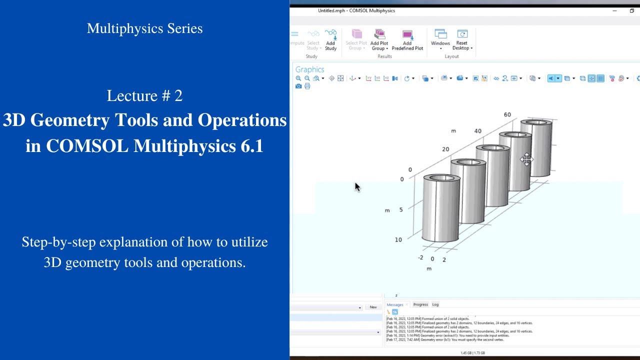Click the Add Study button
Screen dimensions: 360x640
(x=330, y=39)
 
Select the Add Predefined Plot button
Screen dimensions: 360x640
(x=407, y=39)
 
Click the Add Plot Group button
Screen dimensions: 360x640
(x=379, y=39)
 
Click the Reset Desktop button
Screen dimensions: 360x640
(x=462, y=39)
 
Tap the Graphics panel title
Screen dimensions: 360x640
(x=309, y=69)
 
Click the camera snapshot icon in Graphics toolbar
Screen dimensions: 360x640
(x=298, y=86)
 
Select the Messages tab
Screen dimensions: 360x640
(x=394, y=304)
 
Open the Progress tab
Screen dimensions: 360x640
(x=420, y=304)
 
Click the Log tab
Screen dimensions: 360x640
(x=435, y=304)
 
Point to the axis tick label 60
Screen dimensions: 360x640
(x=507, y=115)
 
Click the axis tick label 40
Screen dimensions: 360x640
(x=477, y=131)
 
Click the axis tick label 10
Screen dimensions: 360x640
(x=398, y=240)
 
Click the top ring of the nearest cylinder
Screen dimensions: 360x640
(x=442, y=178)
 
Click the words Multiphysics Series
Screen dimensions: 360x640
(x=144, y=28)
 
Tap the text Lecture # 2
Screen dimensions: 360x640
(x=144, y=95)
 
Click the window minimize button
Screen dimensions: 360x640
(x=614, y=10)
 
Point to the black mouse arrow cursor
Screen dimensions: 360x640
(x=357, y=186)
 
